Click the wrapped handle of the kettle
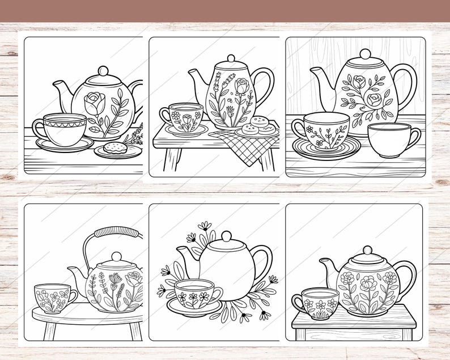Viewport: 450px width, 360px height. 117,232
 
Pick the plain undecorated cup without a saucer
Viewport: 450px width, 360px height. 393,139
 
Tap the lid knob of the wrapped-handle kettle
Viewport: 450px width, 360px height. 116,257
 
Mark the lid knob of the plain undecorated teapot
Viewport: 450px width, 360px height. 226,236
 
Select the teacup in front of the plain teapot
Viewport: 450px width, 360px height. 196,293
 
